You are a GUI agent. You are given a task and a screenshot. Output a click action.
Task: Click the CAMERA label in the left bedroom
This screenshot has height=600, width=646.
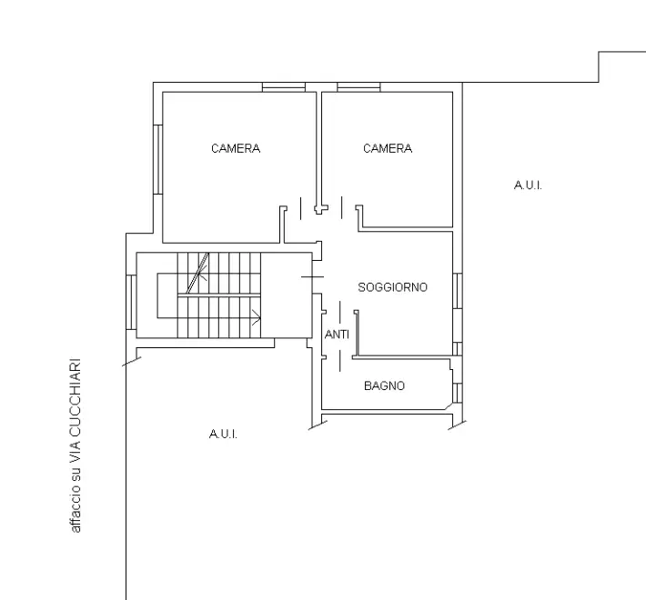point(236,148)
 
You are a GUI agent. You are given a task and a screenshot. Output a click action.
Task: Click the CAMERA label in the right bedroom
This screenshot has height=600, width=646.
point(388,148)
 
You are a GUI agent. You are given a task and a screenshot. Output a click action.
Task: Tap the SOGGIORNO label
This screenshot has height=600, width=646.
point(392,287)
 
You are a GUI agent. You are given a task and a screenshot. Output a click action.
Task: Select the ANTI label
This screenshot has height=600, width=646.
point(337,335)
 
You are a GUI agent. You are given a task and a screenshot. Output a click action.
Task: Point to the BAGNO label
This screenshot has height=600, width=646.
point(384,386)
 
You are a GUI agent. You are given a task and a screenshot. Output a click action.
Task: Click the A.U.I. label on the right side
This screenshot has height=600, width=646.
point(528,185)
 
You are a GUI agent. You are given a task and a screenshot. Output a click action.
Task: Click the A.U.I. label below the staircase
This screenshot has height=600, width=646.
point(223,435)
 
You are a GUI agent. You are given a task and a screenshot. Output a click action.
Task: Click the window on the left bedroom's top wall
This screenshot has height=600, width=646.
point(283,87)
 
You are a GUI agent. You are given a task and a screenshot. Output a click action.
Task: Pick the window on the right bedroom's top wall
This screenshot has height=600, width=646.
point(358,87)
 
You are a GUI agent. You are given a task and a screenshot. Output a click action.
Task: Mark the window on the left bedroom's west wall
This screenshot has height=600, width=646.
point(158,158)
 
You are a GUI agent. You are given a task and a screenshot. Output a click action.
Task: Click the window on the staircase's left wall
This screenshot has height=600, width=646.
point(132,303)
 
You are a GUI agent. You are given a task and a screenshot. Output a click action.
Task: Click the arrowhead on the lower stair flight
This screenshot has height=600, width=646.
point(257,318)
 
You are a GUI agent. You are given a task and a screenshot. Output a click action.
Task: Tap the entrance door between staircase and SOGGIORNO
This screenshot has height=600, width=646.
point(311,275)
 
